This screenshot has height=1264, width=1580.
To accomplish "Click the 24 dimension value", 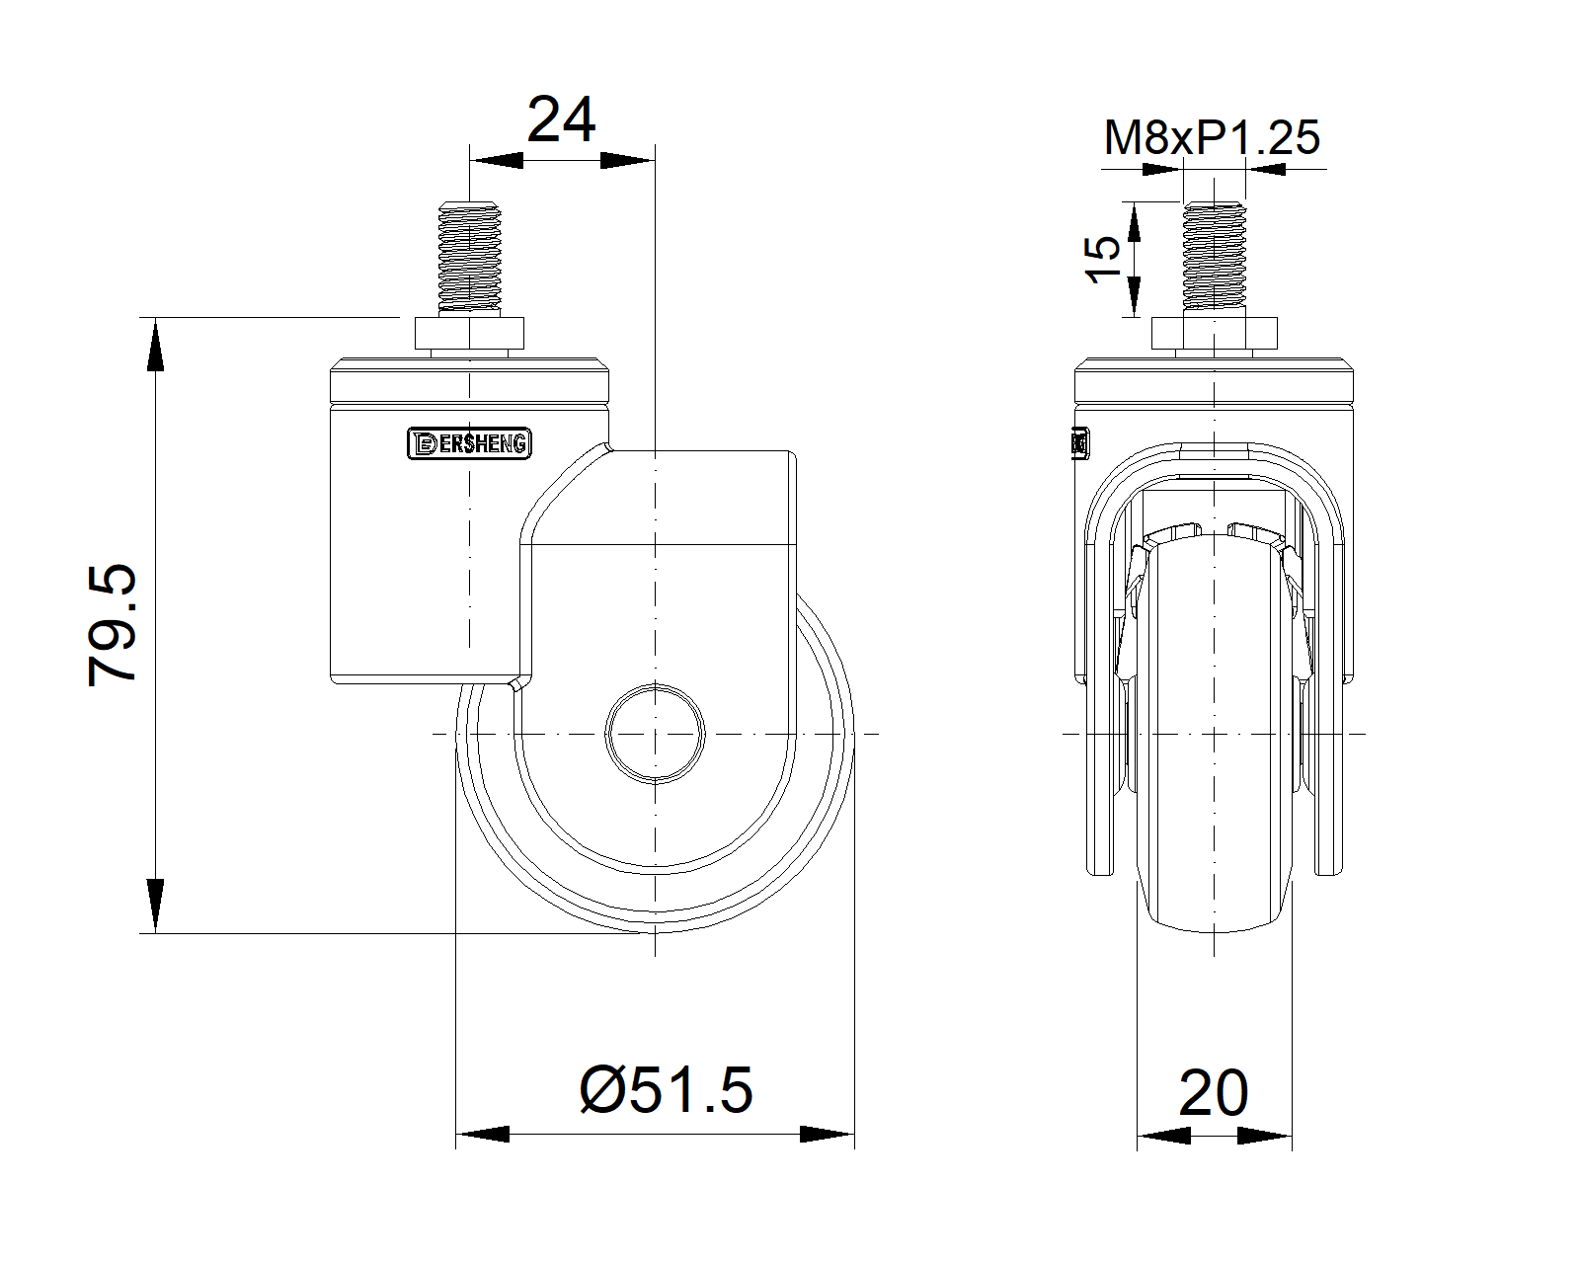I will [x=561, y=120].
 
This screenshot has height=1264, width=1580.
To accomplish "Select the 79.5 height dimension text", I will [x=112, y=625].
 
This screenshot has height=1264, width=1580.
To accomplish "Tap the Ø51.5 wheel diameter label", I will [x=666, y=1090].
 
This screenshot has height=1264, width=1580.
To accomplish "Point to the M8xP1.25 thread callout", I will [x=1211, y=138].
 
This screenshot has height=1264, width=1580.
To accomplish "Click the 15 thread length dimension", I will [x=1104, y=260].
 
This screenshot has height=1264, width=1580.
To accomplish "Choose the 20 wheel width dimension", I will [x=1213, y=1093].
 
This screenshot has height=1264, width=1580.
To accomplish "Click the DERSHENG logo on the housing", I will [x=469, y=444].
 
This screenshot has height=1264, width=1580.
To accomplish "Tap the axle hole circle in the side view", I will [x=655, y=733].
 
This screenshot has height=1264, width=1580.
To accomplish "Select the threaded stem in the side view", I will [x=470, y=259].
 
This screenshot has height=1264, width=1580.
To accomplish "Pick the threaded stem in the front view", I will [x=1213, y=259].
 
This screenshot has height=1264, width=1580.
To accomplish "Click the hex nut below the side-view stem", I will [x=469, y=336].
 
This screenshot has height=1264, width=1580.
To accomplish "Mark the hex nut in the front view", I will [x=1214, y=335].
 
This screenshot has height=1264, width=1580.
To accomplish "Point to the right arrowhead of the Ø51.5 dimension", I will [x=828, y=1135].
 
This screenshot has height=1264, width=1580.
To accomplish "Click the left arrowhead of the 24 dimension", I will [x=497, y=160].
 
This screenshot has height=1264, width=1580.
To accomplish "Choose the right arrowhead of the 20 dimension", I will [x=1267, y=1138].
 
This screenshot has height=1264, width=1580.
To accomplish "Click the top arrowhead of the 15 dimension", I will [x=1133, y=221].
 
